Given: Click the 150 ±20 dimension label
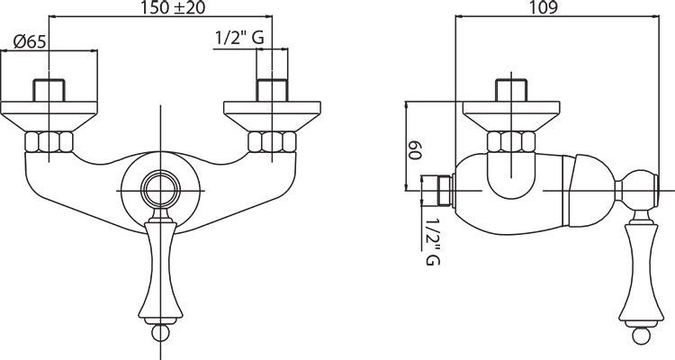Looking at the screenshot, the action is tap(173, 7).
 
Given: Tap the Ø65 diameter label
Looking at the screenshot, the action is tap(30, 41).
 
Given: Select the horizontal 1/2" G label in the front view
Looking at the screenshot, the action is tap(239, 39).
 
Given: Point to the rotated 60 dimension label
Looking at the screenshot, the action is tap(415, 150).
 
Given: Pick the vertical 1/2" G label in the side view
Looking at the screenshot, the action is tap(432, 241).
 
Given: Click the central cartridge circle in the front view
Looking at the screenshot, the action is tap(160, 190).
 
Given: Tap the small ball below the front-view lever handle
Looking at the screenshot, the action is tap(160, 333).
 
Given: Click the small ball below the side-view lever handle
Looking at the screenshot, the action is tap(641, 336).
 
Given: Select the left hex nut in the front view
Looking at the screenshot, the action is tap(49, 142).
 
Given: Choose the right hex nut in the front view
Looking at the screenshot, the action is tap(272, 142).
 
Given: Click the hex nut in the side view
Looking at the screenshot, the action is tap(511, 142).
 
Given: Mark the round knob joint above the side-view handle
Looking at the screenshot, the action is tap(637, 190).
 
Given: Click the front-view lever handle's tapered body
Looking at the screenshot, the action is tap(160, 271).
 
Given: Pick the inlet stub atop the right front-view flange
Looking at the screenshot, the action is tap(272, 90).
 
